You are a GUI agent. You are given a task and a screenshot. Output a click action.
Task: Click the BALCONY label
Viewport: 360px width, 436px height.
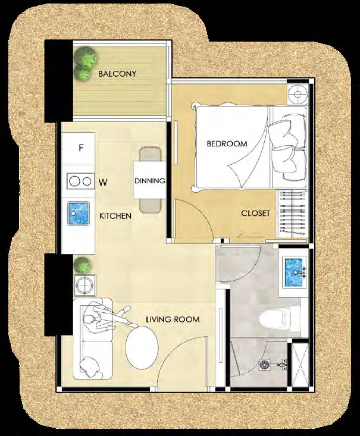click(117, 74)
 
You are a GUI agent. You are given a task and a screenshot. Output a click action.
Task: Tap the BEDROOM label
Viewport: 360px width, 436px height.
click(227, 144)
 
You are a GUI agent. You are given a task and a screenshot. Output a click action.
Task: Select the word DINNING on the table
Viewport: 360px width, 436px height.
click(150, 181)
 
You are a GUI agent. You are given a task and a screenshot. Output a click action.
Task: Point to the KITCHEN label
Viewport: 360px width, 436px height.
click(115, 216)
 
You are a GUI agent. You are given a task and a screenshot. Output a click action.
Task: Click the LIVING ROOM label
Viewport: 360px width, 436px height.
click(173, 319)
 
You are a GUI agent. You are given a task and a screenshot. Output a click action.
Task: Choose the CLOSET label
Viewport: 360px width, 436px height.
click(255, 214)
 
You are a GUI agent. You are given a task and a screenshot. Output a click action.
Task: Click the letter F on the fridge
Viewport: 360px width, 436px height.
click(81, 148)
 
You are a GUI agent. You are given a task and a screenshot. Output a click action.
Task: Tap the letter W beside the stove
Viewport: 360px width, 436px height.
click(103, 183)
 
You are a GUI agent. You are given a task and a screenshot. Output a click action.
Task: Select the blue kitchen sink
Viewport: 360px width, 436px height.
click(79, 214)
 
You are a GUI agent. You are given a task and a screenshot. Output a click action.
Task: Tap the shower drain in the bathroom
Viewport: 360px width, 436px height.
click(264, 365)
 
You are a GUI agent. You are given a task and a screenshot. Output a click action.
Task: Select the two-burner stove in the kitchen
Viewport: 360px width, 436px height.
click(80, 181)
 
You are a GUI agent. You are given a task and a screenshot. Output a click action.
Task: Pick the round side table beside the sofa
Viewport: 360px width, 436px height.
click(84, 285)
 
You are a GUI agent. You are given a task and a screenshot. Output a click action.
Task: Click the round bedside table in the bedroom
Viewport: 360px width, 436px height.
click(298, 94)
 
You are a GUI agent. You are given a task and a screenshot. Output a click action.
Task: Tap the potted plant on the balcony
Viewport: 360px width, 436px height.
click(86, 62)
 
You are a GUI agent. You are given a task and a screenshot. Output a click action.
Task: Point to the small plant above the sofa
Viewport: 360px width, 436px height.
click(82, 265)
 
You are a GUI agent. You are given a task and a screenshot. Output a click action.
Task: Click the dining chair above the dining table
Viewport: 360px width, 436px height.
click(151, 154)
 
